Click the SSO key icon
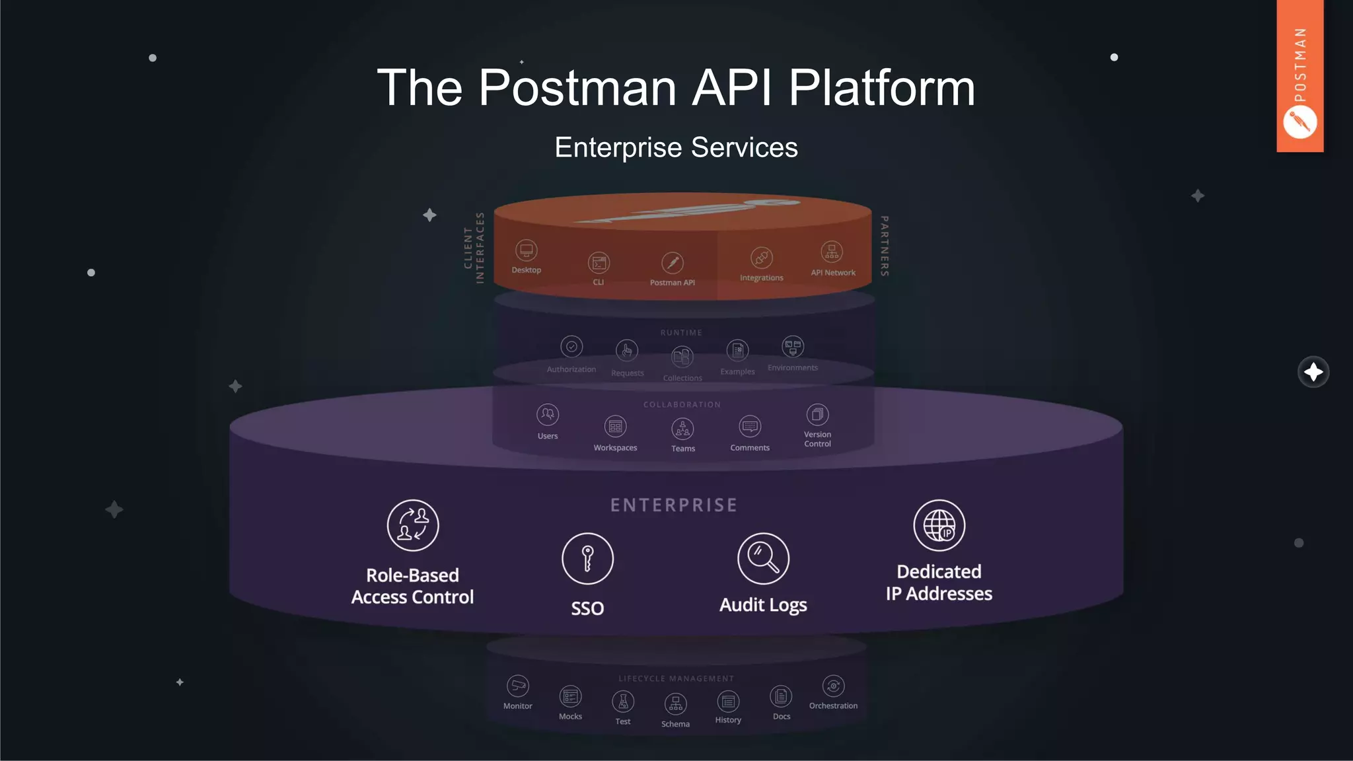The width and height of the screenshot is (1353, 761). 587,558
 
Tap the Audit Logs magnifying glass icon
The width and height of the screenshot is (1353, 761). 763,558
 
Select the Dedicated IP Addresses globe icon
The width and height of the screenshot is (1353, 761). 939,525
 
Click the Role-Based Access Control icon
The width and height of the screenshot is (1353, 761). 413,525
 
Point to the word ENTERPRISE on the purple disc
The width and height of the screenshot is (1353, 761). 673,505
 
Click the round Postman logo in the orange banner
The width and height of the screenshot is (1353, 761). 1299,123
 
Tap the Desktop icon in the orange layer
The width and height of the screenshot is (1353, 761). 527,250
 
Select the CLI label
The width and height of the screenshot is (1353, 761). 599,282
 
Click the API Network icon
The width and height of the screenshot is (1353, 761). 832,252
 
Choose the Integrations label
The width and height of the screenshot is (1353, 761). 761,278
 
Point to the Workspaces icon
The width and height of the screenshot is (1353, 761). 615,427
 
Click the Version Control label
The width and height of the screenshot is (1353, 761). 817,439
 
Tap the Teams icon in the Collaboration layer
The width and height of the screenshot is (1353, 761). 682,429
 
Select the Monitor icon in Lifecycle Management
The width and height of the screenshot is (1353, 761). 518,686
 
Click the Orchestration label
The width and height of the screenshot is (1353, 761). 833,706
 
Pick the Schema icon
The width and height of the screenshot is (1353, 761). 675,704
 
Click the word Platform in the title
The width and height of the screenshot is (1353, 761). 881,88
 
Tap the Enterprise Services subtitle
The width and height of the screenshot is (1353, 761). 676,147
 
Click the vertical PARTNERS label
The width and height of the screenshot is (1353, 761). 885,246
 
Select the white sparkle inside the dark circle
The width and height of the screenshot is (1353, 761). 1313,372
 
